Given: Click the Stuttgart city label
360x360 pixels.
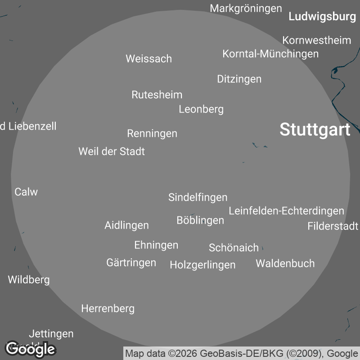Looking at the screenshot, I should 315,130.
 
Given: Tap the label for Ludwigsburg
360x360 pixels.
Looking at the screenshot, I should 322,17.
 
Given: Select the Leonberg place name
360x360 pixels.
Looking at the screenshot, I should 201,109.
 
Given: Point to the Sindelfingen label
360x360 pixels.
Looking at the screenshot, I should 198,197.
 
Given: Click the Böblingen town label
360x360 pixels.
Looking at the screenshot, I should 200,220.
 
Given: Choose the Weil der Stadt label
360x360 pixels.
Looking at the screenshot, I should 112,151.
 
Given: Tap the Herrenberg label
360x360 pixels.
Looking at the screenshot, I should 108,308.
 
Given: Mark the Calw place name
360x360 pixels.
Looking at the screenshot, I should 26,192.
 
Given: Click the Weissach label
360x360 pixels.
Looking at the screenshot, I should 148,58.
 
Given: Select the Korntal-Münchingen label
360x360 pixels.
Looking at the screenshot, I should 270,54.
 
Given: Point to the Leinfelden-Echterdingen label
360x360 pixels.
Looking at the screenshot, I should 286,211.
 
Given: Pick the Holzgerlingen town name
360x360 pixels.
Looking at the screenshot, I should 202,265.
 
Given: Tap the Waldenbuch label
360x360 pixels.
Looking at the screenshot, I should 285,263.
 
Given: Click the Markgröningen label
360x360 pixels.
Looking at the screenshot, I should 246,8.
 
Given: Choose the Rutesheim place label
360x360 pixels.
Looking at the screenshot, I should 157,94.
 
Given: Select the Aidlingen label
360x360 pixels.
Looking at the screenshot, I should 126,225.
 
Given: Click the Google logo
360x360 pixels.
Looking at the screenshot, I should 30,348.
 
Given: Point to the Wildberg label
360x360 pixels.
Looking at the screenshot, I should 29,279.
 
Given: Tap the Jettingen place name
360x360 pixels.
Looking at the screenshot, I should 51,334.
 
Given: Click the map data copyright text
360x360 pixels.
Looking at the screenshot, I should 242,353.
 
